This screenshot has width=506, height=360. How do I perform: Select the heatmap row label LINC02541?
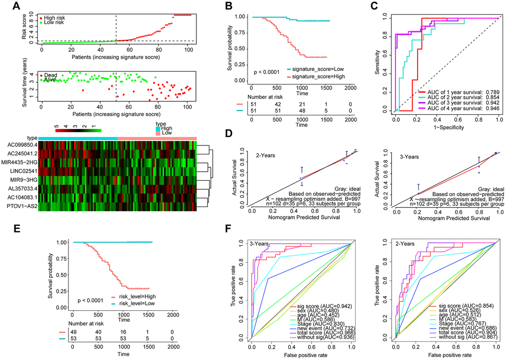pos(20,171)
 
